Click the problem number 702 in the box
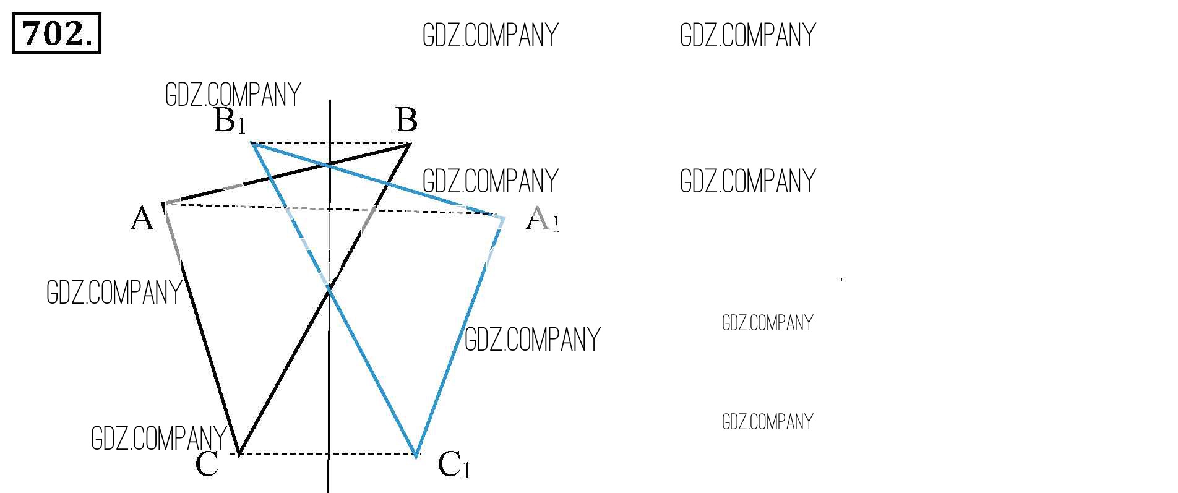pos(56,34)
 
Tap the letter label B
pos(406,120)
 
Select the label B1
pos(230,121)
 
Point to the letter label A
pos(142,219)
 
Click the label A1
pos(542,219)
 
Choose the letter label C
pos(207,465)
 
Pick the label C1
pos(454,465)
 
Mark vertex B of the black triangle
pos(410,144)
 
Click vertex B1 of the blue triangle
pos(252,144)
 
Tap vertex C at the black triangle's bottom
pos(239,453)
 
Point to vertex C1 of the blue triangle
pos(416,455)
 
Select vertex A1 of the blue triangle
pos(504,218)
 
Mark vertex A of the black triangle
pos(164,204)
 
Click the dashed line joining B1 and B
pos(330,144)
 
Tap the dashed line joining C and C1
pos(328,454)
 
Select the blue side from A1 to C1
pos(460,337)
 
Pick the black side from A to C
pos(202,328)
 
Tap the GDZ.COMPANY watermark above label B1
pos(233,95)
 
